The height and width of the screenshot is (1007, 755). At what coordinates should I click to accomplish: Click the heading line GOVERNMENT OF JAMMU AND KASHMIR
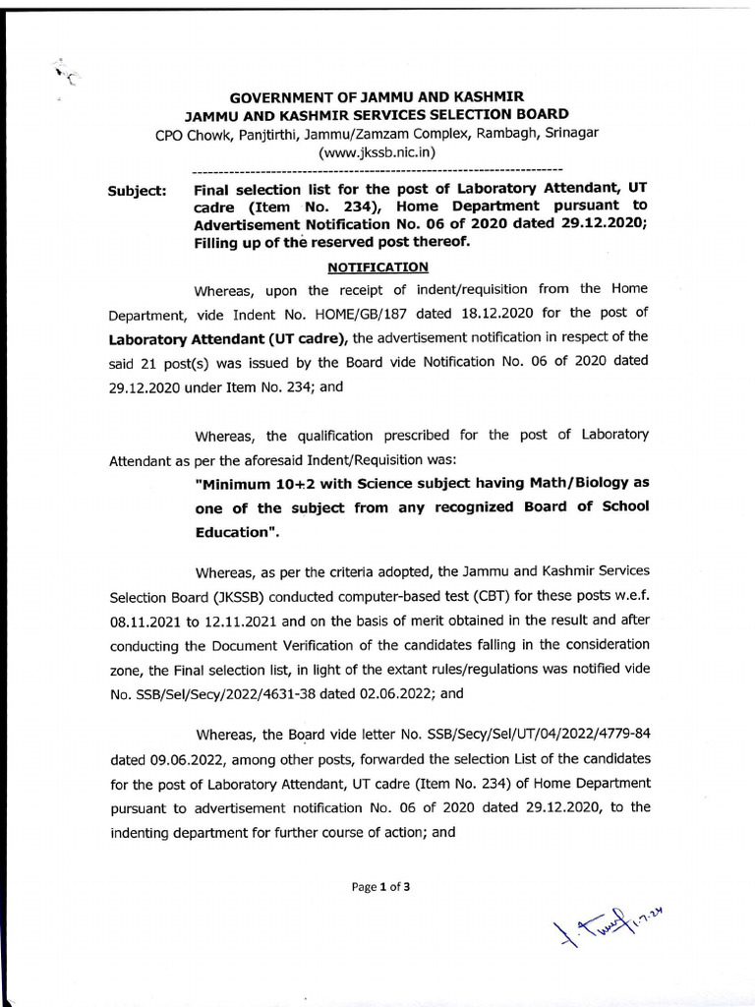[x=377, y=97]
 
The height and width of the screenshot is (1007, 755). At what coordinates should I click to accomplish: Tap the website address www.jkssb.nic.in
[x=377, y=152]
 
